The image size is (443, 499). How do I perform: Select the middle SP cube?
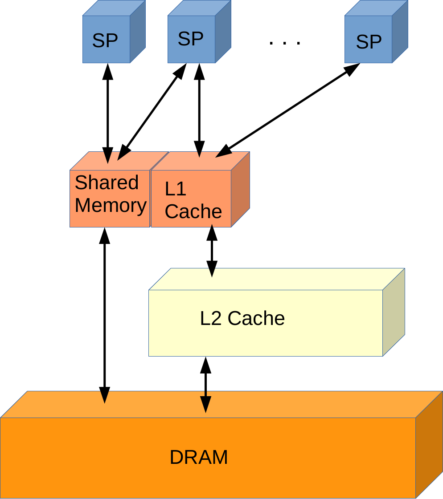coord(192,39)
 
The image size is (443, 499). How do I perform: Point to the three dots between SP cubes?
coord(285,43)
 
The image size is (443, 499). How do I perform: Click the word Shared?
coord(107,183)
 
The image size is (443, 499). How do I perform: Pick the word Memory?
coord(111,206)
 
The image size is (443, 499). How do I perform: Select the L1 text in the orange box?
coord(175,189)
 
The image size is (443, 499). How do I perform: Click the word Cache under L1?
coord(193,211)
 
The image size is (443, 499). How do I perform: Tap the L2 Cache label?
coord(242,319)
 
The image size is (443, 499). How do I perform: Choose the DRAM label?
coord(199,458)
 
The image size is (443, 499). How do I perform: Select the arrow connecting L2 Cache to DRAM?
coord(205,385)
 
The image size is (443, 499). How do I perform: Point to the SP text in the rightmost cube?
coord(369,42)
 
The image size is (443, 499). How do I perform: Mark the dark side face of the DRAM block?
coord(429,445)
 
